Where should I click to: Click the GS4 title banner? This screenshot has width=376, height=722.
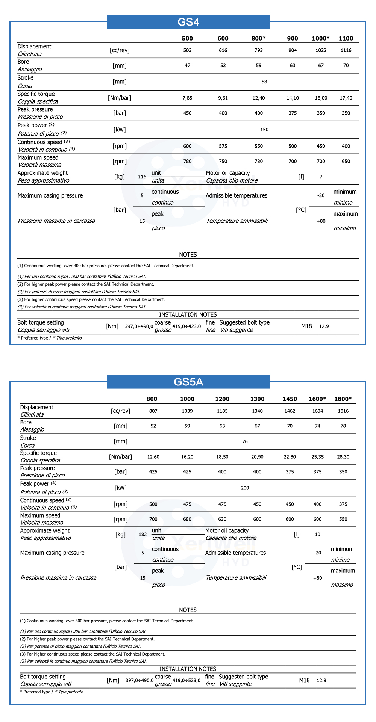coord(188,22)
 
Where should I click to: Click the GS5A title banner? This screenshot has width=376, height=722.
coord(188,382)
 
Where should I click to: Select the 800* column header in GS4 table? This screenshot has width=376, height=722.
coord(258,38)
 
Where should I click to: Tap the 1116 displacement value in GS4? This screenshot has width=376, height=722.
coord(346,50)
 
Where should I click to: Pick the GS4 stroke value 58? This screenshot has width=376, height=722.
coord(264,82)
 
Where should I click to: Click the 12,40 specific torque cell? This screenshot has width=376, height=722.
coord(258,98)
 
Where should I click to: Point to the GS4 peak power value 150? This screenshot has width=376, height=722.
coord(264,130)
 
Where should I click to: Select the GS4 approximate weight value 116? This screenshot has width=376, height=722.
coord(142,177)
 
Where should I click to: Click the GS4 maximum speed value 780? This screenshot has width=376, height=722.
coord(187,162)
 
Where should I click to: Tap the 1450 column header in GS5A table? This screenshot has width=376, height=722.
coord(290,399)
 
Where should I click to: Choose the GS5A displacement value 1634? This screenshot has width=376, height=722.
coord(317,411)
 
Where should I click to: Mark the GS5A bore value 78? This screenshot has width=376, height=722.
coord(343,426)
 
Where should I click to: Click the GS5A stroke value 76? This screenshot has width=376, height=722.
coord(245,441)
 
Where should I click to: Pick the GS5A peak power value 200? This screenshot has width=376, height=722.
coord(245,488)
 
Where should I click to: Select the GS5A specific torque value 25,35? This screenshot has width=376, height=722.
coord(317,457)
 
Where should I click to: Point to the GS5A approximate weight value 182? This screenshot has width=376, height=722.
coord(143,535)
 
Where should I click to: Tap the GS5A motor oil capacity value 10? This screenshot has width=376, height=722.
coord(317,535)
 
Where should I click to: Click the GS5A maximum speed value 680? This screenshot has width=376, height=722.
coord(187,519)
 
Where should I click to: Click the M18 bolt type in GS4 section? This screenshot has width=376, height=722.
coord(306,326)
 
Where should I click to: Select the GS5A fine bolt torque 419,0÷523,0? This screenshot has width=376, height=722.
coord(186,680)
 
